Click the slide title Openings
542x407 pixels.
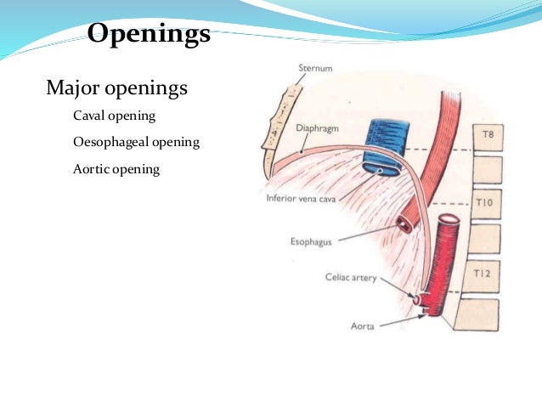click(149, 35)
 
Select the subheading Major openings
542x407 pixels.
click(116, 88)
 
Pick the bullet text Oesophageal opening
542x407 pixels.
click(136, 142)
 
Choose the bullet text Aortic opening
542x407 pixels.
click(116, 169)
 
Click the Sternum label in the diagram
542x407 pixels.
click(315, 67)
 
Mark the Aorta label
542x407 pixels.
click(364, 325)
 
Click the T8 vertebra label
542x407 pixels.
click(488, 134)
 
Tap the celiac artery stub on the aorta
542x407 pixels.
click(418, 299)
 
